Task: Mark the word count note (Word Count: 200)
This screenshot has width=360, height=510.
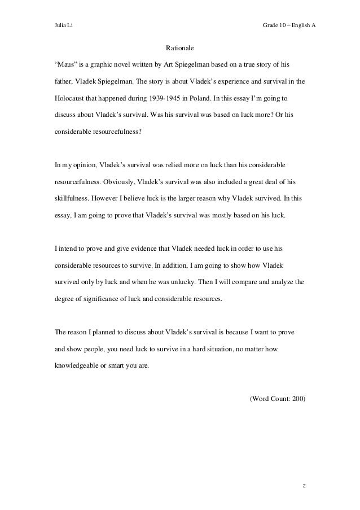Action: (x=277, y=398)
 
